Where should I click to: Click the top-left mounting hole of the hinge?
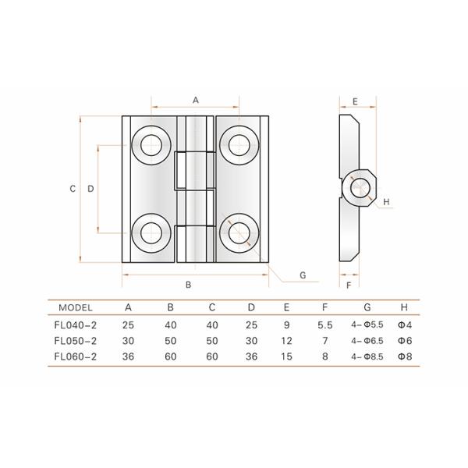151,144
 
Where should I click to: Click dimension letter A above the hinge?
196,100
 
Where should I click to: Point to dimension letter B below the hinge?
189,285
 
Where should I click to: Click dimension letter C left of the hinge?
72,189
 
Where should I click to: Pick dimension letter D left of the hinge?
90,189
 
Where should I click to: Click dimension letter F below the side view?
348,285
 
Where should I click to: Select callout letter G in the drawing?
302,275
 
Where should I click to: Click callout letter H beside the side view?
386,203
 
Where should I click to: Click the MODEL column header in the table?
76,307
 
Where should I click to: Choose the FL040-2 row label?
76,324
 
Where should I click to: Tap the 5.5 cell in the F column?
324,324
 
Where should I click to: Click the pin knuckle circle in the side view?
360,187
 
